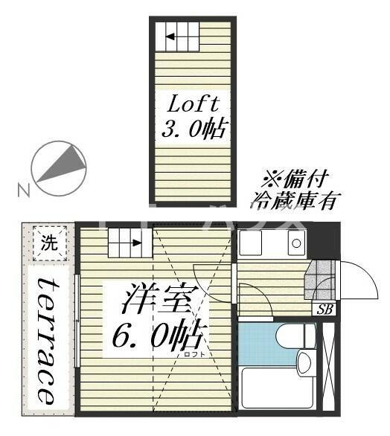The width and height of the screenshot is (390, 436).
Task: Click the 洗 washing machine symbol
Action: click(48, 242)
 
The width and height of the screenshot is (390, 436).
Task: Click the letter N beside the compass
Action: click(24, 190)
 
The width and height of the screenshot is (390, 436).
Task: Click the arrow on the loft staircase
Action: click(176, 35)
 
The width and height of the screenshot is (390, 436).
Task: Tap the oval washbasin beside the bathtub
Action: click(304, 362)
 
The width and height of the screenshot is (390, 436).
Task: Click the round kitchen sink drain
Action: click(295, 243)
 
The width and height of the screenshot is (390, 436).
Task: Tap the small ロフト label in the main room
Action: click(193, 354)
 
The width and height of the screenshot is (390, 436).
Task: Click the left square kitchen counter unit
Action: click(253, 244)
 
